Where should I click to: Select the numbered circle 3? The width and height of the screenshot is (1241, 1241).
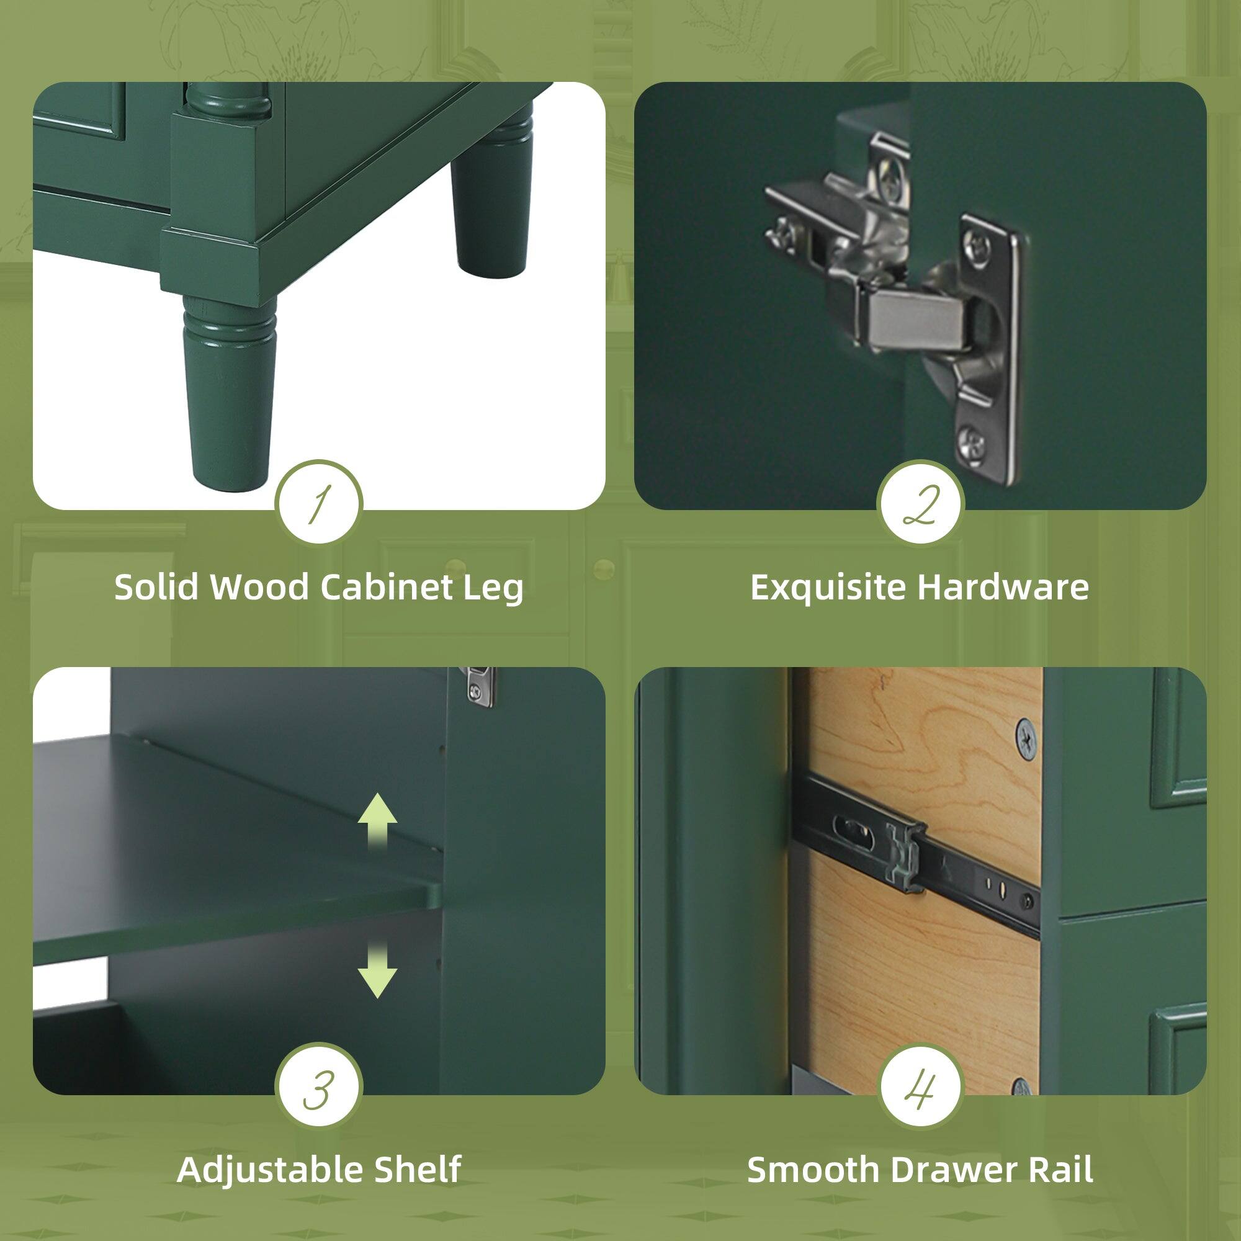[x=318, y=1088]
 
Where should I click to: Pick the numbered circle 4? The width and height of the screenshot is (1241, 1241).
[x=921, y=1088]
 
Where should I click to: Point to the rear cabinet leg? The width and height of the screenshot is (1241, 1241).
[x=491, y=205]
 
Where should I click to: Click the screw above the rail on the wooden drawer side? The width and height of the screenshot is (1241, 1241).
[x=1026, y=741]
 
